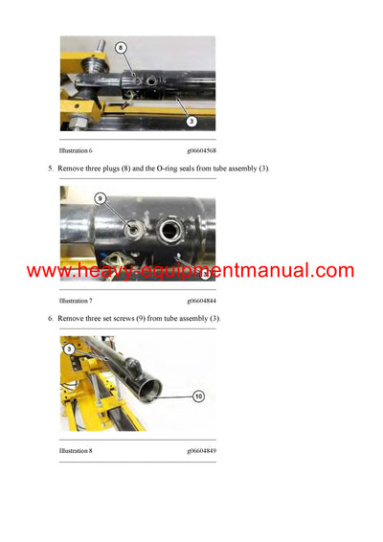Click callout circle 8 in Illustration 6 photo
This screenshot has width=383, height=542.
121,47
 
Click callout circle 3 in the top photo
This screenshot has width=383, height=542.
192,121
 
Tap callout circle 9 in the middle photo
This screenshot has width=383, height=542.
100,198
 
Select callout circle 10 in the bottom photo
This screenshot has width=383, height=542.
197,395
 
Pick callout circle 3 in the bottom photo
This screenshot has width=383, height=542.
69,350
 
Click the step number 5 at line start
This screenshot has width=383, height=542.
51,169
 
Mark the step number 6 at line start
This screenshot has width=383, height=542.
51,318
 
